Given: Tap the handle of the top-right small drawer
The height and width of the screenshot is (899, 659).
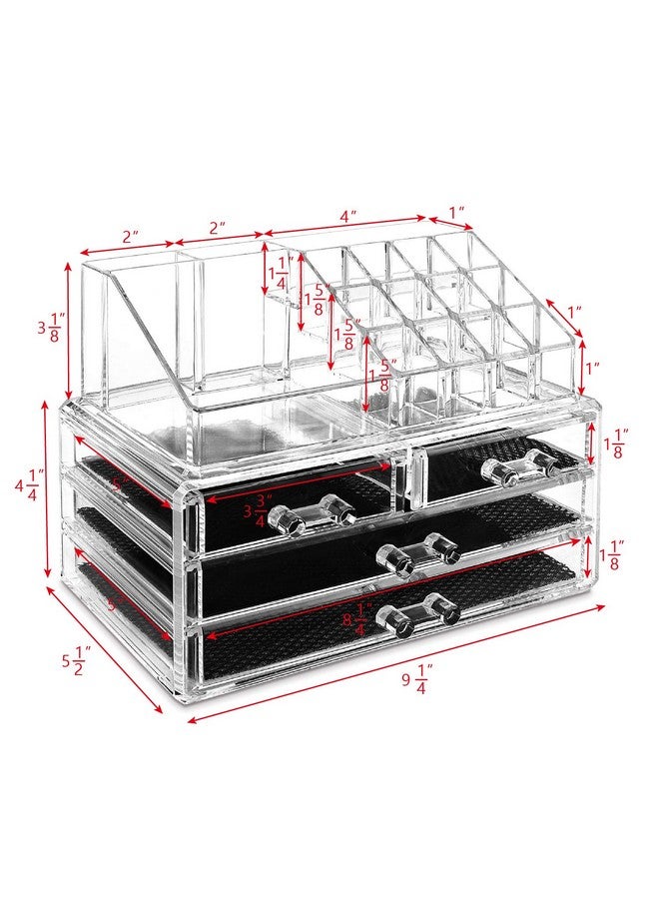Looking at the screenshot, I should coord(518,465).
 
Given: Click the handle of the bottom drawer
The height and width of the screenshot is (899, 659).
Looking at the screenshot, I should coord(418,613).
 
